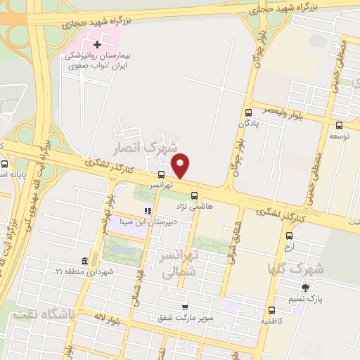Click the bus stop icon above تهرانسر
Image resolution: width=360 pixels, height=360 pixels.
click(162, 174)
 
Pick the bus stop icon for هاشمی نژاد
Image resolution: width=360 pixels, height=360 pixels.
click(194, 196)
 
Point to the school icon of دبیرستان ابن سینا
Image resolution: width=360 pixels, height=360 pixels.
click(148, 211)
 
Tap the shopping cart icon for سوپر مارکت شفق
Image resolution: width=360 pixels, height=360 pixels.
click(185, 307)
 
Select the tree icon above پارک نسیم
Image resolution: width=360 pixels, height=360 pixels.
click(305, 288)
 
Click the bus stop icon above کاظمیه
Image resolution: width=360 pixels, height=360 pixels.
click(271, 311)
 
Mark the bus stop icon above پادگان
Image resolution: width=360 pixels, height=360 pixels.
click(248, 112)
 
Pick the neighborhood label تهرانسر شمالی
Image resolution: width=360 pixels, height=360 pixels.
click(177, 264)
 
